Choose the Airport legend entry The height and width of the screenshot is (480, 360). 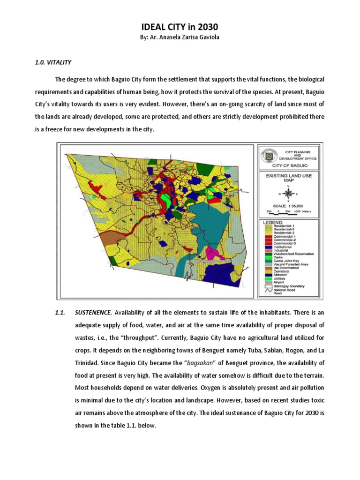point(277,282)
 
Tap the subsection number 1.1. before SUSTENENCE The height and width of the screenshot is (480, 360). point(61,313)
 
